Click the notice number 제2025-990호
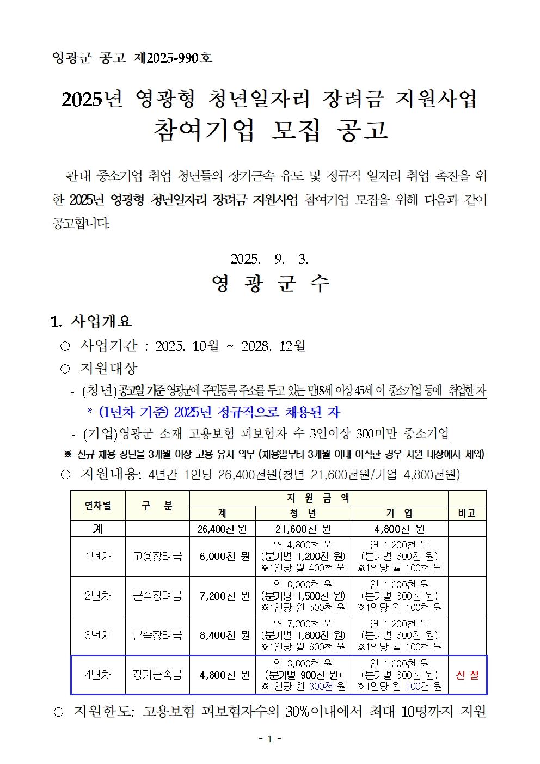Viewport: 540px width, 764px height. (173, 58)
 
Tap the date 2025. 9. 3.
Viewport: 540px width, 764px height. (269, 259)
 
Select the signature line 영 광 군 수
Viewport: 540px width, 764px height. (271, 284)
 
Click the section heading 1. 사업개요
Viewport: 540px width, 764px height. (91, 321)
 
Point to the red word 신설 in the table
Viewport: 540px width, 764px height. (467, 675)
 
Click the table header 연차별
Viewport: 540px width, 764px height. (98, 506)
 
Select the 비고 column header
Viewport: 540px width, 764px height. (467, 513)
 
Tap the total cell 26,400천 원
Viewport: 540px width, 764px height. (222, 529)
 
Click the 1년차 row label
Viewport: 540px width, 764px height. (98, 557)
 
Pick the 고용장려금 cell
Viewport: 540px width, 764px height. (157, 557)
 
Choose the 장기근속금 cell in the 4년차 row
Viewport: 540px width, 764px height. (157, 675)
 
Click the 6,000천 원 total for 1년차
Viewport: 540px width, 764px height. (224, 557)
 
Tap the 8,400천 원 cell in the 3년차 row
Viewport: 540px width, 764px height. (224, 635)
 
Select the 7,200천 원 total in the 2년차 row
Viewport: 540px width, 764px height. (224, 596)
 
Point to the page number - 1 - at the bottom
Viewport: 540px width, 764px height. (269, 739)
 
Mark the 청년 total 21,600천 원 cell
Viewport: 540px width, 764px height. (303, 529)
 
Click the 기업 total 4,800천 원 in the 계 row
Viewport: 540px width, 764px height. (400, 529)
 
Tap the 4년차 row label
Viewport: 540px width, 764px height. (98, 675)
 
